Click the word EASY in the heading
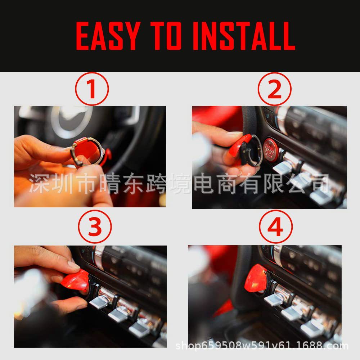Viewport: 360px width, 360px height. click(107, 36)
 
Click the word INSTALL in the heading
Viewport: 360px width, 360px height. click(244, 36)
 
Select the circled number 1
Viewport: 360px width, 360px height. click(92, 89)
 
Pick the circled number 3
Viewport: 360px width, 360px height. click(95, 228)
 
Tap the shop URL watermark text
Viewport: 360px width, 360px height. click(262, 346)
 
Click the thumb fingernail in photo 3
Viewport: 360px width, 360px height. click(74, 266)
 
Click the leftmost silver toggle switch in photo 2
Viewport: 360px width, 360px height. click(283, 166)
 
